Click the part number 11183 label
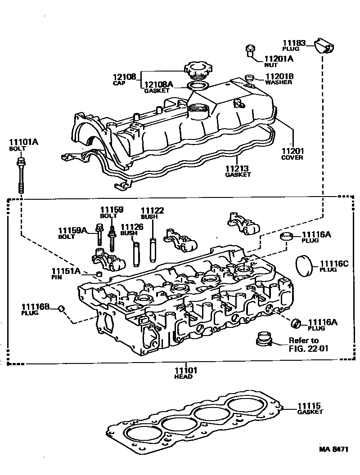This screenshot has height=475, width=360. pos(294,44)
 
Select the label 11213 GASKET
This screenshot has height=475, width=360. pos(238,171)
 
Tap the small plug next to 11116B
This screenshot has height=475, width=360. pos(63,308)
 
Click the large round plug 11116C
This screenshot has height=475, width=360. pos(305,266)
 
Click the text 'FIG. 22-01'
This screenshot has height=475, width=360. pos(306,347)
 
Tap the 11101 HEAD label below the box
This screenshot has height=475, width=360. pos(184,373)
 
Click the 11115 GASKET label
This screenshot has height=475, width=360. pos(310,408)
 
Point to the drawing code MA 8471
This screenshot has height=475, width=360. pos(334,449)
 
